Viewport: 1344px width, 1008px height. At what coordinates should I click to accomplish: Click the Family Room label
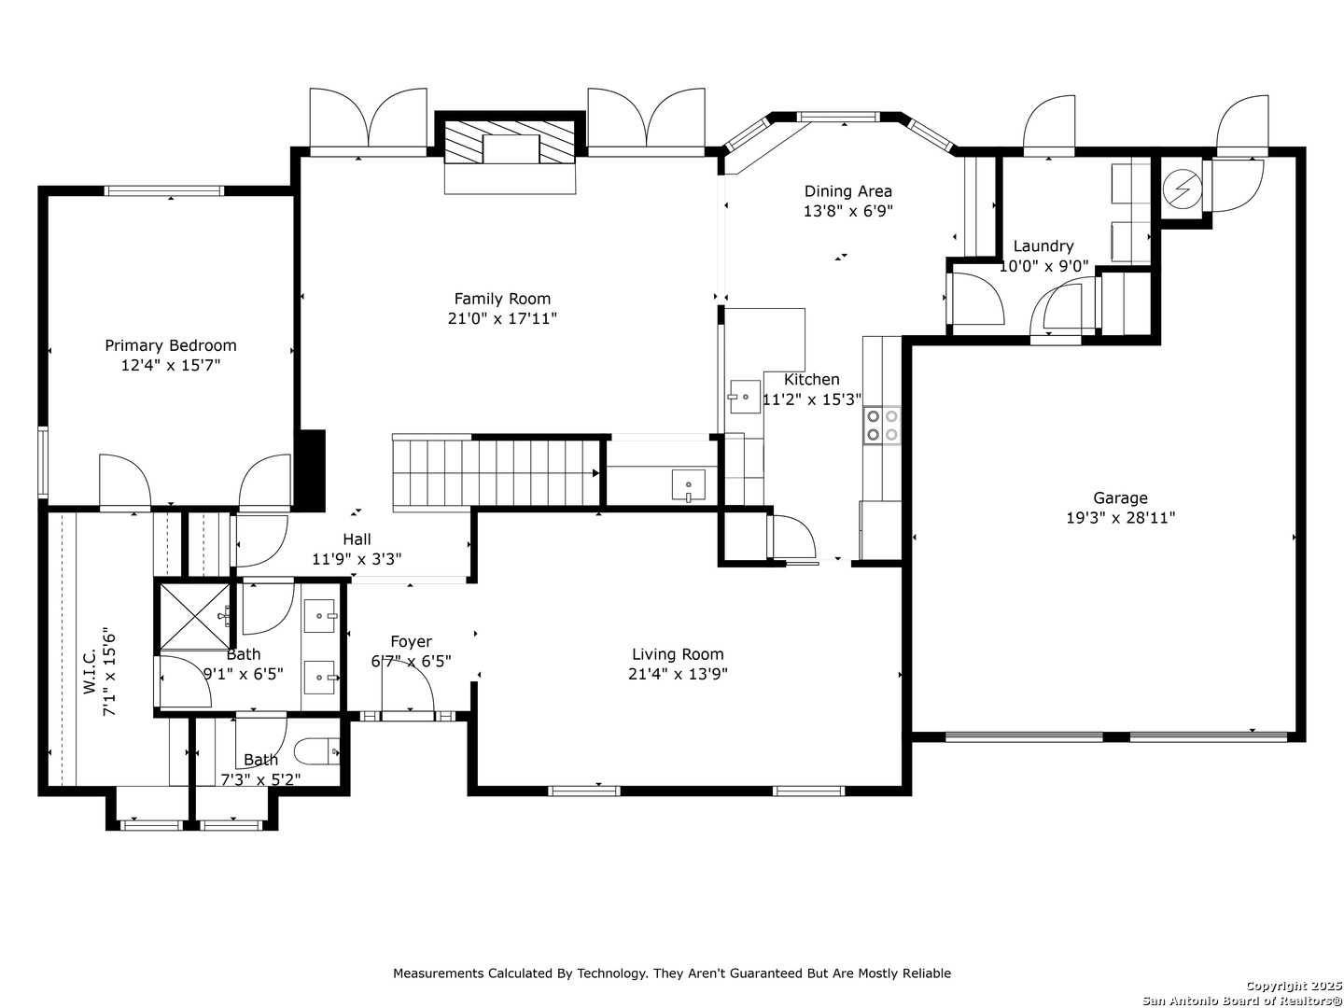[x=502, y=299]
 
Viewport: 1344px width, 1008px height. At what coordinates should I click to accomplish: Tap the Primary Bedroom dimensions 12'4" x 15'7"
[x=170, y=365]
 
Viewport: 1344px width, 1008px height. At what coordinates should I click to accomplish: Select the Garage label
[x=1121, y=498]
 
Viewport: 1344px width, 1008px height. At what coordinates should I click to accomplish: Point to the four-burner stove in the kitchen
[x=882, y=426]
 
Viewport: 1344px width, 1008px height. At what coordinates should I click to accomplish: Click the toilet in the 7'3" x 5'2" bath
[x=316, y=751]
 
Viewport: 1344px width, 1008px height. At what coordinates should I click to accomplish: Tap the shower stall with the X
[x=195, y=616]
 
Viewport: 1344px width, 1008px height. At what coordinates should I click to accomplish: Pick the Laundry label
[x=1043, y=246]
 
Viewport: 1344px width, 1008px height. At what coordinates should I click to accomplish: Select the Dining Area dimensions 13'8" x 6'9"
[x=848, y=211]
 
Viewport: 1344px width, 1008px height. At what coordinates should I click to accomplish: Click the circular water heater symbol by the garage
[x=1183, y=189]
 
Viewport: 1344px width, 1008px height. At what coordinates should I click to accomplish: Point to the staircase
[x=496, y=471]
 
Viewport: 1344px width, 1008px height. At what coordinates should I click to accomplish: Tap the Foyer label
[x=411, y=641]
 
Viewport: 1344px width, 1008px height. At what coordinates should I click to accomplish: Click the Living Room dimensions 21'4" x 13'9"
[x=678, y=674]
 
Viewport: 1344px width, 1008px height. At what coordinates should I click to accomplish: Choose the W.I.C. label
[x=90, y=671]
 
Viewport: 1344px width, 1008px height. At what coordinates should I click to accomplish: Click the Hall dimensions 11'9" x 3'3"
[x=357, y=559]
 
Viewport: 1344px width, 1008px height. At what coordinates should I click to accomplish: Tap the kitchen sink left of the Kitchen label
[x=745, y=397]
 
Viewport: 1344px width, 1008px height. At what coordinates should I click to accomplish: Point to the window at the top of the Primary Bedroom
[x=164, y=191]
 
